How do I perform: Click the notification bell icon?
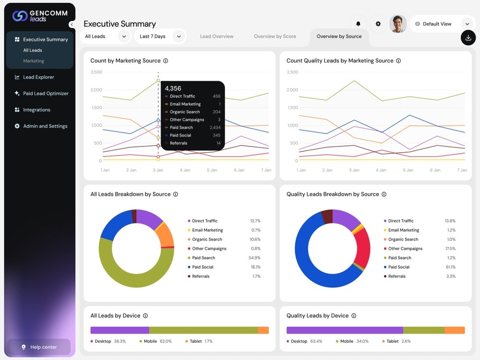coord(358,24)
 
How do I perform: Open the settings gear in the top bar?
coord(378,24)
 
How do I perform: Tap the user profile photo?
coord(397,24)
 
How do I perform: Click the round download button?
coord(468,38)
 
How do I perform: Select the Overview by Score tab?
coord(275,36)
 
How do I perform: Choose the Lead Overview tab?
coord(217,36)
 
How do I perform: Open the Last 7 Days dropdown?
coord(160,36)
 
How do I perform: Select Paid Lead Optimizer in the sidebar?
coord(42,94)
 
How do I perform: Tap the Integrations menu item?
coord(33,109)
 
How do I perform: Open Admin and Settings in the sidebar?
coord(41,126)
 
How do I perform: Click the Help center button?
coord(39,347)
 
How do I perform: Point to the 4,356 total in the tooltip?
coord(173,88)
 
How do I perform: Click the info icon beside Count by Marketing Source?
coord(166,60)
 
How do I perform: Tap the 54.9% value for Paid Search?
coord(254,258)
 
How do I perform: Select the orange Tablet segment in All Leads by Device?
coord(263,330)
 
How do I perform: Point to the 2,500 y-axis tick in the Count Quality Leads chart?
coord(292,72)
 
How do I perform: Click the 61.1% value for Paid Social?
coord(451,267)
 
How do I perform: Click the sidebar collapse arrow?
coord(72,24)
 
